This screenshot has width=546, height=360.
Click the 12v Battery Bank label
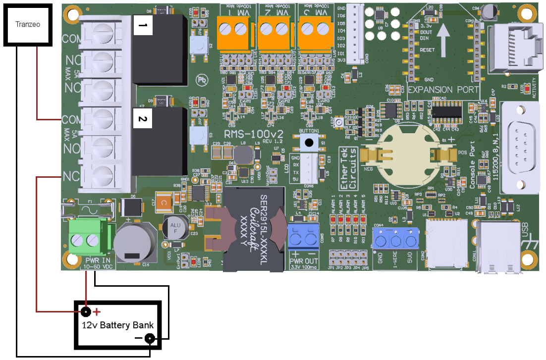117,325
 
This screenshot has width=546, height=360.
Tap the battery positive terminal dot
86,312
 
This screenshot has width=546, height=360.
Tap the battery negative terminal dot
149,339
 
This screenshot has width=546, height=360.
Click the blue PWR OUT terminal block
303,239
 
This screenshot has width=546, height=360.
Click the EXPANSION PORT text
443,90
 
